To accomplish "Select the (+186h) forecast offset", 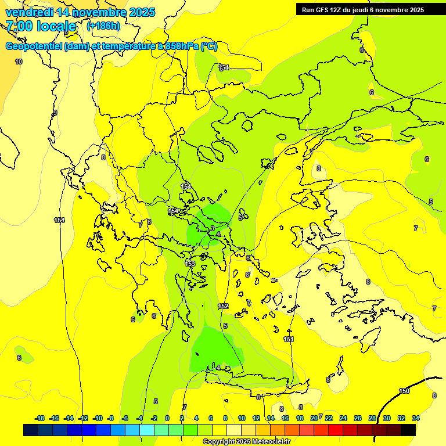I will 103,26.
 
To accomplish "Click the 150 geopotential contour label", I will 404,391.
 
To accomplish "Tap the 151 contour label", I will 288,339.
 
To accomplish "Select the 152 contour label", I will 223,306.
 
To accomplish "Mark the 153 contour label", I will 190,264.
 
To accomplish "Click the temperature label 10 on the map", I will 19,62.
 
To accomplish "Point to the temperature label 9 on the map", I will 55,113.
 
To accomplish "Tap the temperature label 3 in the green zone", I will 213,228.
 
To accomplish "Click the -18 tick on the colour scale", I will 40,418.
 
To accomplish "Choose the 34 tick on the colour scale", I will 415,418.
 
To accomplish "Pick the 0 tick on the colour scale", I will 167,418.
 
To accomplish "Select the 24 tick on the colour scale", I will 343,418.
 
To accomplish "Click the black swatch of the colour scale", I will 408,430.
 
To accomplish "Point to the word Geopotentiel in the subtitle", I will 33,46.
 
